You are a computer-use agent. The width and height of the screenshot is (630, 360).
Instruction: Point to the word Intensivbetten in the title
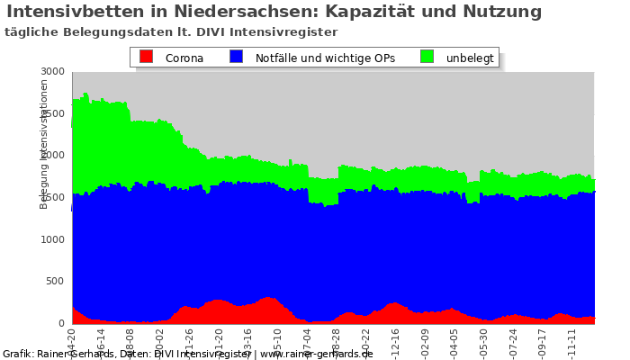(73, 12)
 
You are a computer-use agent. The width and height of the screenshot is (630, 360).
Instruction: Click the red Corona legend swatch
(146, 57)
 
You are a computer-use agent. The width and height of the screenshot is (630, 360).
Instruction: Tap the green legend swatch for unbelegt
(427, 57)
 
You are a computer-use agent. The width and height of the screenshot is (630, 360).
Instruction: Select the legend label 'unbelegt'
(470, 58)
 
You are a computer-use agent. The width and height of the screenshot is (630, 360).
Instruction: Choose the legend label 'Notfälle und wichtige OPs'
(325, 58)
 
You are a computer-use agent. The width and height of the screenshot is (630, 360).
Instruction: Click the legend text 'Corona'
(184, 58)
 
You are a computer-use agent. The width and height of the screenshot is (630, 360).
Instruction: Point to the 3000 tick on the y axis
(53, 71)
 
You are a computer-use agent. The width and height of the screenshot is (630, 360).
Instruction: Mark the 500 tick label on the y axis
(56, 282)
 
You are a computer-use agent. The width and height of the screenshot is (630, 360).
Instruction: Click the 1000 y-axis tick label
(53, 239)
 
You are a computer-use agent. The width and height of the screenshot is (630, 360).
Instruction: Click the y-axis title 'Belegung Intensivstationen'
(44, 144)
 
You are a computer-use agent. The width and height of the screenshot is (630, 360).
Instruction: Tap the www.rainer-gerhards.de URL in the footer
(316, 354)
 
